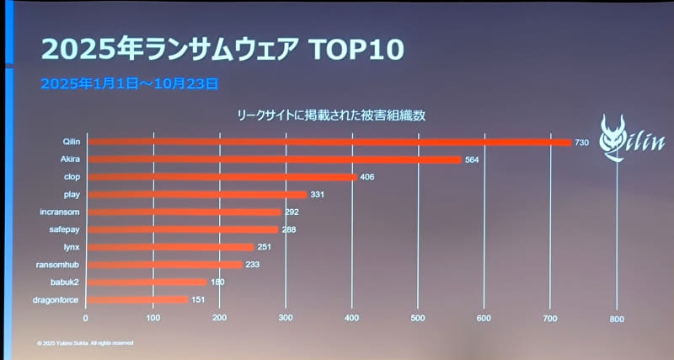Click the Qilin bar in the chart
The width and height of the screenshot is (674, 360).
329,142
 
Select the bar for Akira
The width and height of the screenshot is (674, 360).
274,159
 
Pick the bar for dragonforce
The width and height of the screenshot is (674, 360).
137,299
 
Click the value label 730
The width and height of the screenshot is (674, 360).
581,142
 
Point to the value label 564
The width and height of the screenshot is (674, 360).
471,159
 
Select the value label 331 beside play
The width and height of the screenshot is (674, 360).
317,195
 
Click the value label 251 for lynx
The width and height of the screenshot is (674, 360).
264,247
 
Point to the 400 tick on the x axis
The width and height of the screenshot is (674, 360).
351,318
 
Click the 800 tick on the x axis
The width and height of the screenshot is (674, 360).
616,319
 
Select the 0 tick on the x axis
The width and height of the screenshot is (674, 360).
86,318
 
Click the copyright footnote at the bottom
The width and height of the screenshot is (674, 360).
84,343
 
